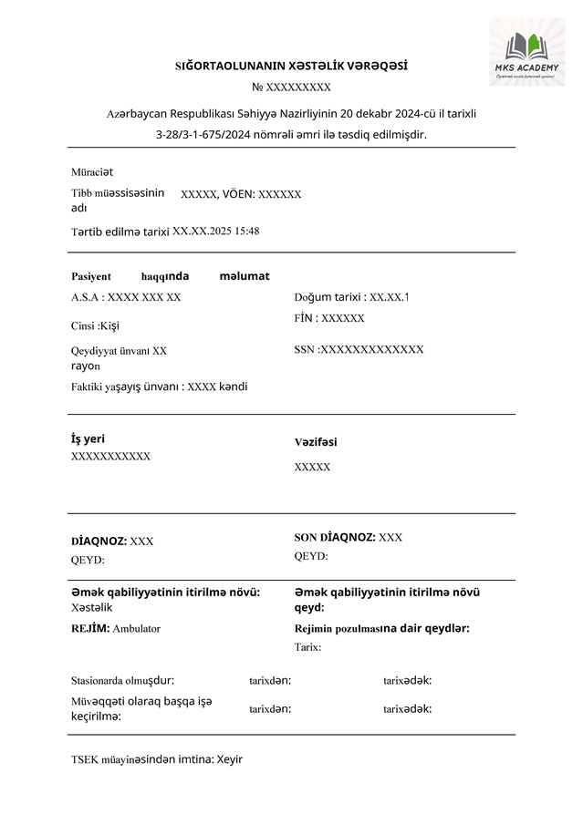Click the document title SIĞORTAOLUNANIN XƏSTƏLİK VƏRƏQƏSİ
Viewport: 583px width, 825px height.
[291, 66]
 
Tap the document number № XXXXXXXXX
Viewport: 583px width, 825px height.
[291, 88]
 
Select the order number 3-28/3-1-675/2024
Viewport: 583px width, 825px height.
[209, 134]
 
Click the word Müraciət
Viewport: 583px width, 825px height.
[92, 171]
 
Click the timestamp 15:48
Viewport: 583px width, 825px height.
[247, 232]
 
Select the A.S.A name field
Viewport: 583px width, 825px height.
[126, 297]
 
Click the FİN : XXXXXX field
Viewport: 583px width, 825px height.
[329, 318]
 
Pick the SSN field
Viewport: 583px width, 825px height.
[359, 349]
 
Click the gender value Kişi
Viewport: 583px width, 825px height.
[109, 326]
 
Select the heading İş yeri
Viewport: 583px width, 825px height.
[88, 438]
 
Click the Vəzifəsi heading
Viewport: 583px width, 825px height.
[316, 442]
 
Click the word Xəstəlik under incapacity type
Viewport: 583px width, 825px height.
[92, 607]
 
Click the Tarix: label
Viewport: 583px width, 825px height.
[307, 647]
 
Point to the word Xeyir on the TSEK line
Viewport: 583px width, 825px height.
[230, 758]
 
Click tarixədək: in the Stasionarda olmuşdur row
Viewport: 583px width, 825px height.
[407, 680]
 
